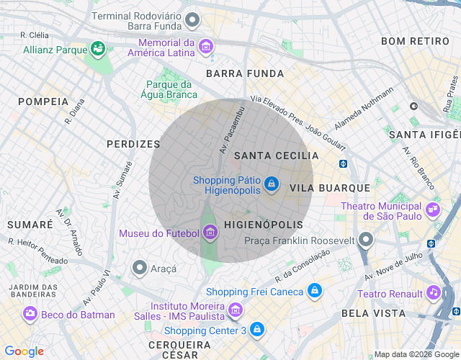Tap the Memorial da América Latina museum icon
click(x=206, y=47)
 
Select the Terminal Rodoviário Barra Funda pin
click(x=192, y=20)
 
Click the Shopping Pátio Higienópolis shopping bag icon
click(x=271, y=185)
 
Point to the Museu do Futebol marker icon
click(x=210, y=233)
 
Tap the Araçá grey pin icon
click(x=140, y=268)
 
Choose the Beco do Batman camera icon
click(x=30, y=314)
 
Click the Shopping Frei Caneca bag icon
click(x=313, y=291)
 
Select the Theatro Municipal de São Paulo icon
click(x=432, y=210)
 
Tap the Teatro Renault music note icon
click(x=433, y=293)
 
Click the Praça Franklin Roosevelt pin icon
click(x=367, y=240)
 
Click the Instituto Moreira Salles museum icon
click(x=235, y=310)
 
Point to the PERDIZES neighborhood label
click(x=133, y=144)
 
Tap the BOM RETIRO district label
click(x=414, y=41)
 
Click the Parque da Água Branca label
click(x=171, y=89)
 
